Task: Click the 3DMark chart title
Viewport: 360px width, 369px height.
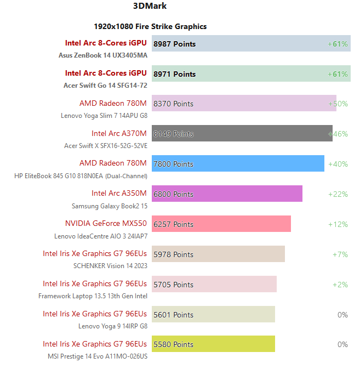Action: (x=150, y=7)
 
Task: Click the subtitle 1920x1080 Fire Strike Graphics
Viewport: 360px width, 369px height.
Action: (x=150, y=26)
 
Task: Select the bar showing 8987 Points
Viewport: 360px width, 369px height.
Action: (x=251, y=44)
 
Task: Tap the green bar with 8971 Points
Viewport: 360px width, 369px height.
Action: (x=251, y=73)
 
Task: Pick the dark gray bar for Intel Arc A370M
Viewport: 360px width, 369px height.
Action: (x=242, y=133)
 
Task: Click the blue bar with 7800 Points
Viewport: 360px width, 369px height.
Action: (x=238, y=163)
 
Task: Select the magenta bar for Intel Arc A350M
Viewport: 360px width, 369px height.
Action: (x=227, y=194)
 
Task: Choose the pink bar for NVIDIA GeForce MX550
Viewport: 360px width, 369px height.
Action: (x=221, y=224)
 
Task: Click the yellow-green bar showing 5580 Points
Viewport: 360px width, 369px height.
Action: (x=213, y=344)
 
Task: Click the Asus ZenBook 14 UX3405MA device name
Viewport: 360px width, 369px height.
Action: (x=102, y=55)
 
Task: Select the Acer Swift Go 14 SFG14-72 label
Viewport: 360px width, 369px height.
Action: (x=105, y=86)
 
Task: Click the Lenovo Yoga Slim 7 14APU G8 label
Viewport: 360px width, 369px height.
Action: (x=104, y=116)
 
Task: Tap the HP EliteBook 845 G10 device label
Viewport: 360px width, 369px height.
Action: (x=81, y=176)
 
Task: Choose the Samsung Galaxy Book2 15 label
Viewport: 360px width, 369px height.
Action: (x=109, y=206)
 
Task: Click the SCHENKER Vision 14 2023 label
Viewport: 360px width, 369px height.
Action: (x=110, y=266)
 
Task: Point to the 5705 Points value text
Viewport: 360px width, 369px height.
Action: (x=173, y=284)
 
